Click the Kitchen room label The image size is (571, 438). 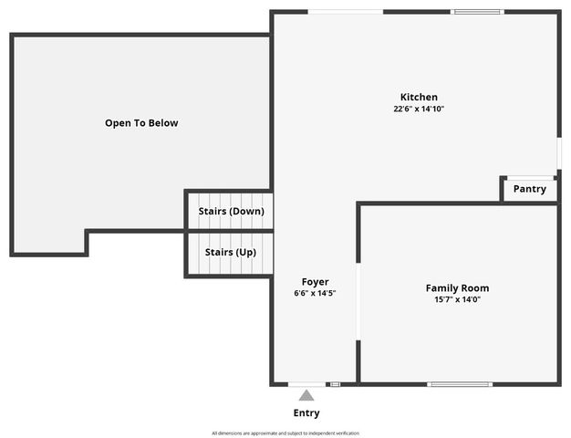(x=419, y=97)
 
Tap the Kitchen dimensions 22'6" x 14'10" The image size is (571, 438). (x=419, y=109)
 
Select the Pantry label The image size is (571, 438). (x=529, y=189)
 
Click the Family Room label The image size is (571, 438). (x=457, y=287)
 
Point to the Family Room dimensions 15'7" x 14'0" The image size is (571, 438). (x=457, y=299)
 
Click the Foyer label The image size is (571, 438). (x=315, y=282)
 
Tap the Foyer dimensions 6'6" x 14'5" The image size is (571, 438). (x=315, y=293)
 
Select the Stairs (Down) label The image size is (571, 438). (x=231, y=211)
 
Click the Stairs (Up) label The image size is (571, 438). (x=230, y=252)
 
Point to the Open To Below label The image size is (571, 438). (x=141, y=122)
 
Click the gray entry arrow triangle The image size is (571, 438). (x=306, y=395)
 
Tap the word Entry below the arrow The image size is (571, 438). (x=306, y=413)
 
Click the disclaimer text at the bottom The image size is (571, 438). (x=285, y=433)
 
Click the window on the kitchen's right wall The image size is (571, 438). (x=558, y=151)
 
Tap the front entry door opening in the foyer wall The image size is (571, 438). (x=306, y=384)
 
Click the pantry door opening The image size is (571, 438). (x=530, y=177)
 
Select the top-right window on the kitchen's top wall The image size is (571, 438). (x=477, y=12)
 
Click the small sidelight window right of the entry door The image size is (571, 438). (x=335, y=384)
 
